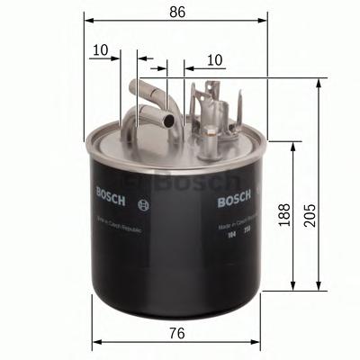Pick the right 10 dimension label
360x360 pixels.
point(213,58)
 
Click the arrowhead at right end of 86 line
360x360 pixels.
point(265,17)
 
